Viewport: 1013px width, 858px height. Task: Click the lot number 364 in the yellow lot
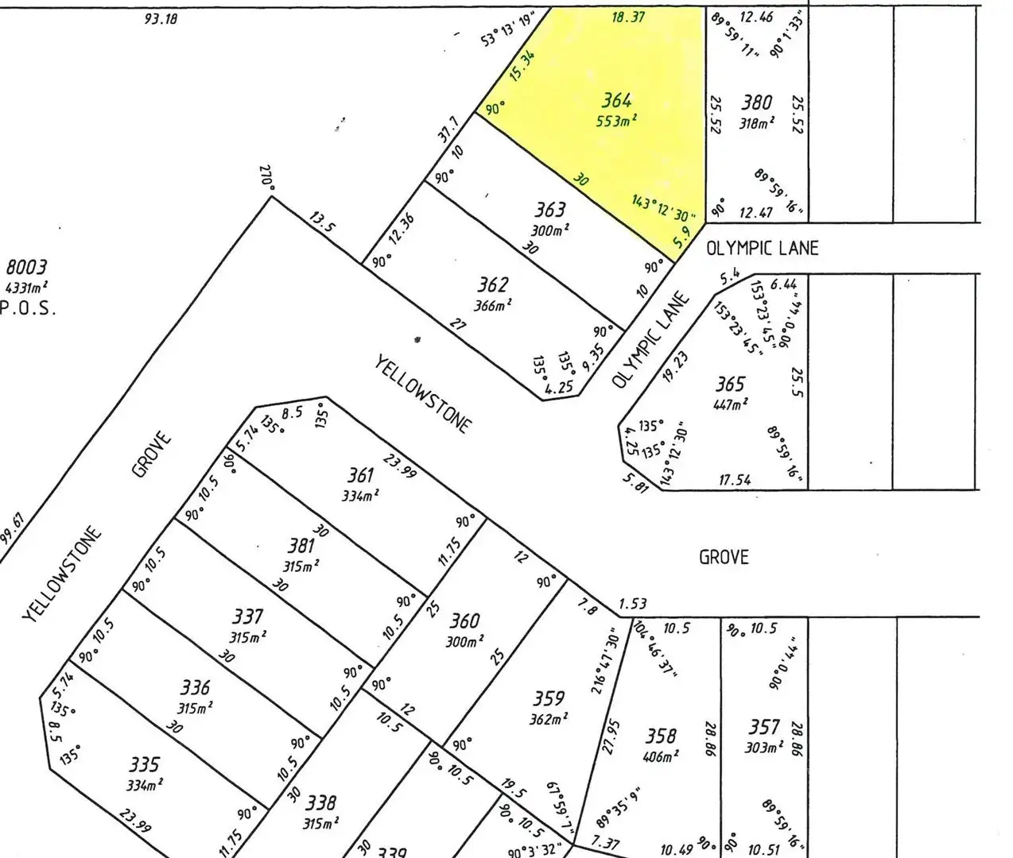(x=616, y=101)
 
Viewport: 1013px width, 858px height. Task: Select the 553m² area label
(x=617, y=122)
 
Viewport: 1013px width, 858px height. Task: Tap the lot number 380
(x=757, y=102)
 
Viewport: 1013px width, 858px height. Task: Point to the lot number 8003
(x=27, y=267)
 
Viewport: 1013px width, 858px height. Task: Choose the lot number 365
(x=730, y=385)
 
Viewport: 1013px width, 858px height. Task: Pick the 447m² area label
(x=731, y=405)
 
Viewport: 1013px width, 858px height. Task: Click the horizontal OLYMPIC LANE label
(x=762, y=249)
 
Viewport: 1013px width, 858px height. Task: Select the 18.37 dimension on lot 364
(x=628, y=17)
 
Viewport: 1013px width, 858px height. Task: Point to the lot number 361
(x=360, y=476)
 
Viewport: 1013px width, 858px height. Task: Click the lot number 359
(x=549, y=699)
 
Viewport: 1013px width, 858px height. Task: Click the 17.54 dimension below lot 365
(x=735, y=480)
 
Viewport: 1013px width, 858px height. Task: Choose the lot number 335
(x=145, y=765)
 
